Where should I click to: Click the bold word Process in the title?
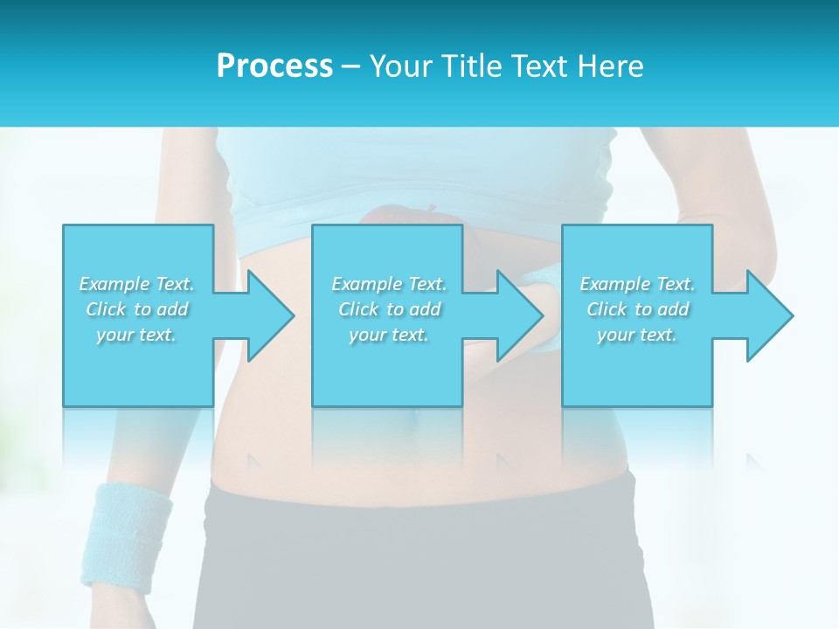(274, 66)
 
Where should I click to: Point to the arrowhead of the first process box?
(262, 315)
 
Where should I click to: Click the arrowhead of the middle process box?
(512, 315)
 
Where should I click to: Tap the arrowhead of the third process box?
(762, 315)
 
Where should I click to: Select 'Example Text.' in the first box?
(136, 284)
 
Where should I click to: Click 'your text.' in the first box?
(136, 335)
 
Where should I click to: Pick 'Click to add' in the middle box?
(389, 309)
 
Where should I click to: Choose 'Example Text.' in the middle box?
(389, 284)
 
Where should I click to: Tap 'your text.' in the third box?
(637, 335)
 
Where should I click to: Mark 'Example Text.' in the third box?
(637, 284)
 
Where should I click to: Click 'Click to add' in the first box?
(136, 309)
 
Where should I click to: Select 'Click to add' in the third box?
(637, 309)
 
